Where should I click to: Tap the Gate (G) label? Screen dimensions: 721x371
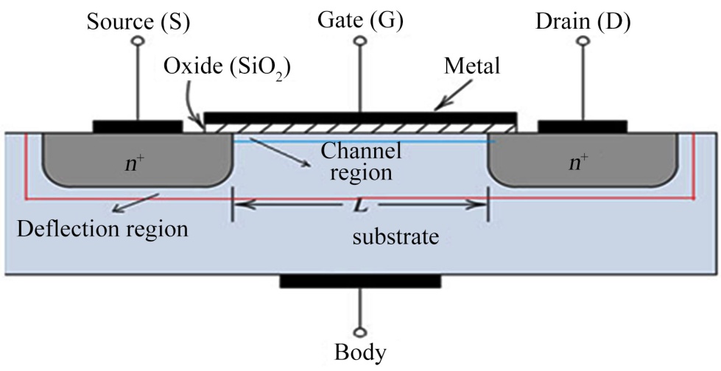pos(360,21)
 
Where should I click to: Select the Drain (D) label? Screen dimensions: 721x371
pos(583,22)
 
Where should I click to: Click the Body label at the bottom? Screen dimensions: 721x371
pos(361,353)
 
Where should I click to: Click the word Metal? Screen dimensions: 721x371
pos(471,67)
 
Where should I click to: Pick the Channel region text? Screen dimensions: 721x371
pos(361,161)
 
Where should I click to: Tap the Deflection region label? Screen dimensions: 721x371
pos(102,229)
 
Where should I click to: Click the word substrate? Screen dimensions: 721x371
pos(395,237)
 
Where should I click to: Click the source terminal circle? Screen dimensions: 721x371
pos(138,41)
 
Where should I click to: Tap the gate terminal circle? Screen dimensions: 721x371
pos(360,41)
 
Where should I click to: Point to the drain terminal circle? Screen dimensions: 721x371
pos(583,41)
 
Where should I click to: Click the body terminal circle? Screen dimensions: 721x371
pos(361,332)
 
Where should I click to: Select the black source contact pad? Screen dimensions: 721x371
pos(138,127)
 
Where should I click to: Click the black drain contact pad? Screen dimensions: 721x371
pos(583,127)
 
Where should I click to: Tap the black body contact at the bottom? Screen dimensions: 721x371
pos(361,281)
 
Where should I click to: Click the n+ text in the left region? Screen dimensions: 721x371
pos(136,163)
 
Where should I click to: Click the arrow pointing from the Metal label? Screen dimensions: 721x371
pos(453,95)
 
